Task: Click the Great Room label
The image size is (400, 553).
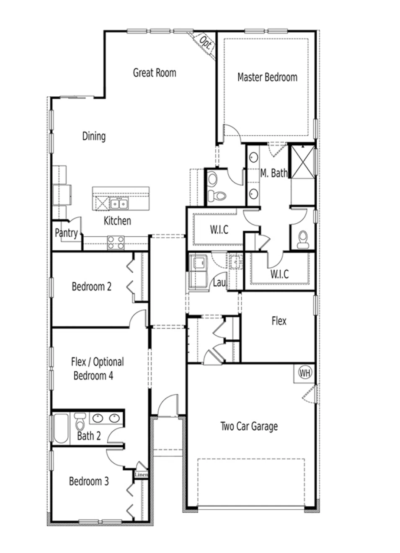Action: coord(154,73)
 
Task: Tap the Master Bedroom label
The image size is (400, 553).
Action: coord(267,78)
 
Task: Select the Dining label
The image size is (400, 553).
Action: coord(93,136)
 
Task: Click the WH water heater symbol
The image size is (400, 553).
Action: coord(305,372)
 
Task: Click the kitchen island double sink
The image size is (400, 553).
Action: coord(119,204)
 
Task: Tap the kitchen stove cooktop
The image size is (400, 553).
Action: coord(116,243)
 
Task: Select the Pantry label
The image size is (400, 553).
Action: coord(66,233)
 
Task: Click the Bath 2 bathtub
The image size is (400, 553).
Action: coord(61,428)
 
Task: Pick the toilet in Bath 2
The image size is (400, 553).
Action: coord(80,424)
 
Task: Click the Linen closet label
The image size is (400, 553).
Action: coord(141,475)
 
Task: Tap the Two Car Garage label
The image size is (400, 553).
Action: coord(249,426)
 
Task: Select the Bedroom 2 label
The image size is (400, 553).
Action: coord(91,287)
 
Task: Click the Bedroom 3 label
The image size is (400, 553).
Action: coord(89,481)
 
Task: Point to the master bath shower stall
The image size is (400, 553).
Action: coord(302,161)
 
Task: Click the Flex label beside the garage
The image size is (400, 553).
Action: coord(279,321)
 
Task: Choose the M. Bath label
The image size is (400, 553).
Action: coord(274,173)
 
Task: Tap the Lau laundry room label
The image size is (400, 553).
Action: coord(219,283)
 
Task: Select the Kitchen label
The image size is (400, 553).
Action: coord(117,221)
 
